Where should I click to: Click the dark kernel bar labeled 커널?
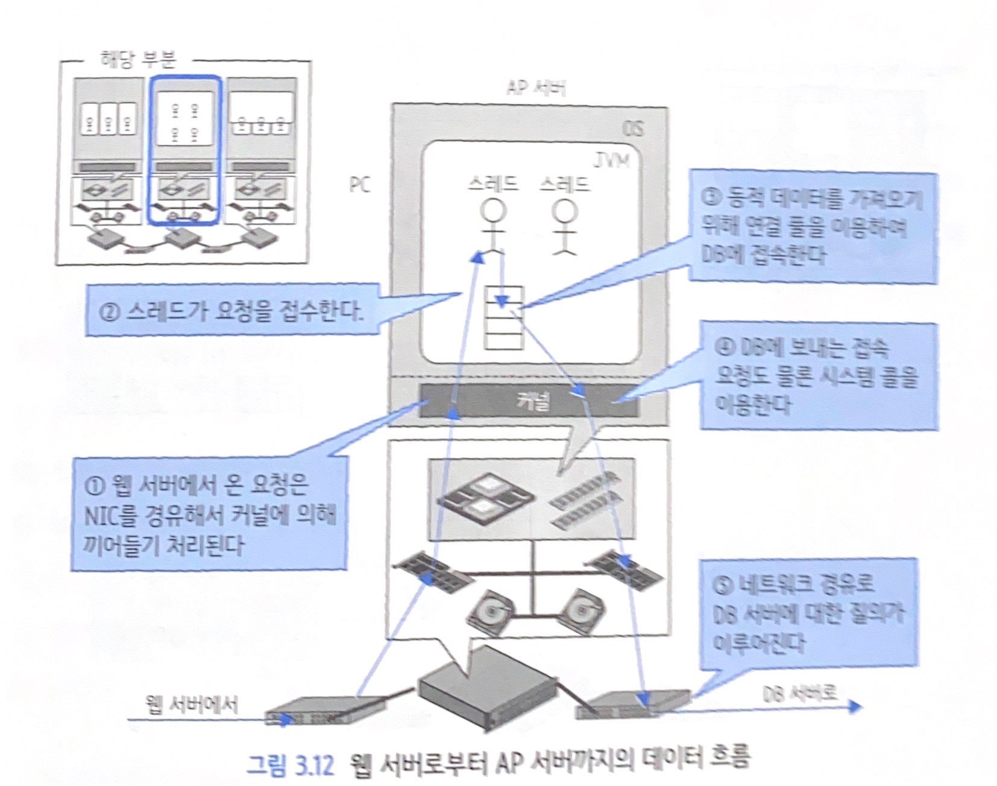coord(529,400)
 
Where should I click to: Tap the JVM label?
coord(611,160)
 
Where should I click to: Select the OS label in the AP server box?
coord(632,129)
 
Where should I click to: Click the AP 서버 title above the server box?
coord(535,89)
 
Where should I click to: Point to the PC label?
coord(360,184)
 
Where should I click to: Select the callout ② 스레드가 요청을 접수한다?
coord(233,310)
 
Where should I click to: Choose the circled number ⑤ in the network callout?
coord(722,584)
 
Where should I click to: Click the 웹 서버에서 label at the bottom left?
coord(192,705)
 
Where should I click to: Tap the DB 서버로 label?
coord(800,694)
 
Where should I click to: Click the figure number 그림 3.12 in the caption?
coord(290,765)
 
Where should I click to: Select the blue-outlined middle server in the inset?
coord(185,150)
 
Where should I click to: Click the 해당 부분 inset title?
coord(137,60)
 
